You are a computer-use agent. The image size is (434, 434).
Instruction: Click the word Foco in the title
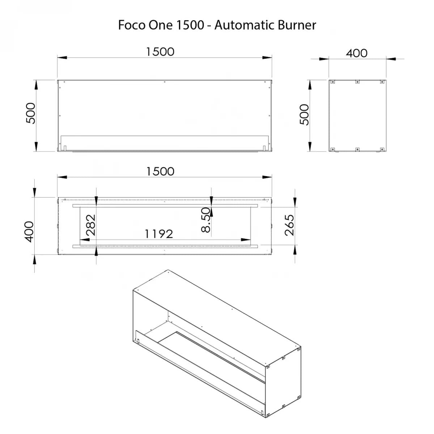coord(132,25)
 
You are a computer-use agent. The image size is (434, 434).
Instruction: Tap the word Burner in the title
coord(297,25)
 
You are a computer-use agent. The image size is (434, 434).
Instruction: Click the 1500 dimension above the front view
coord(160,52)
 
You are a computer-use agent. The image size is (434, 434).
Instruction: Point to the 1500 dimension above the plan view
coord(160,172)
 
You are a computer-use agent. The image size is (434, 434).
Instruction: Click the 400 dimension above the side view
coord(357,54)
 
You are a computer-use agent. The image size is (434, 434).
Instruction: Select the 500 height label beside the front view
coord(31,113)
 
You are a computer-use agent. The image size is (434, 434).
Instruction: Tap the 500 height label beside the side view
coord(304,114)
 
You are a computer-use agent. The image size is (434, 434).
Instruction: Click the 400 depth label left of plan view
coord(29,232)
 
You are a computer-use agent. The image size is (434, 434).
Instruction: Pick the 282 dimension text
coord(91,225)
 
